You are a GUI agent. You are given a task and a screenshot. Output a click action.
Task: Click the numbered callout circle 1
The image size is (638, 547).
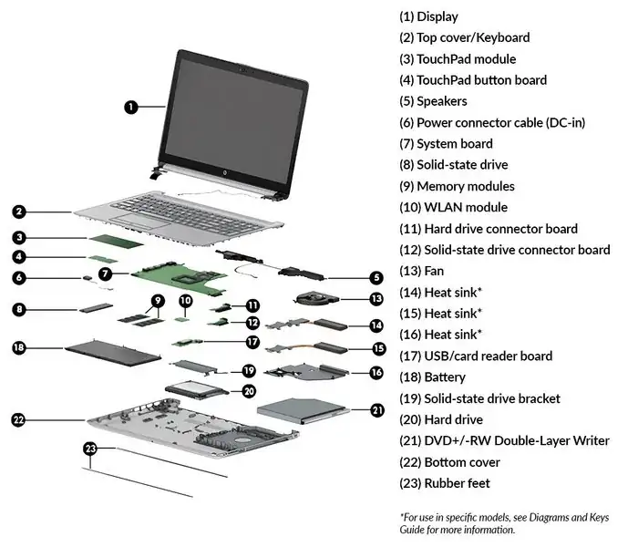[131, 107]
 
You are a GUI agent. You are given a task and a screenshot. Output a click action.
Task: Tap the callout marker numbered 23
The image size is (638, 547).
[89, 449]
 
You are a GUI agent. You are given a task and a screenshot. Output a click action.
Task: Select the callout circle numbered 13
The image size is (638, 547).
[376, 298]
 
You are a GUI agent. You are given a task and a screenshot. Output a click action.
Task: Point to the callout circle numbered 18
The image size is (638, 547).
[19, 347]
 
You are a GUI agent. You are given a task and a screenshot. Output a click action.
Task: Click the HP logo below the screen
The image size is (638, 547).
[222, 171]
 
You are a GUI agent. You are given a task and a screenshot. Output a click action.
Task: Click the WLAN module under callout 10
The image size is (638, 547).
[184, 319]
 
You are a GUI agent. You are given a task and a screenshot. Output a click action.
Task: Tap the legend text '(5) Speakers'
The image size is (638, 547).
[433, 101]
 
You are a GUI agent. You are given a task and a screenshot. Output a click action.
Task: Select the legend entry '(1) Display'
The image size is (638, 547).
[428, 16]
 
